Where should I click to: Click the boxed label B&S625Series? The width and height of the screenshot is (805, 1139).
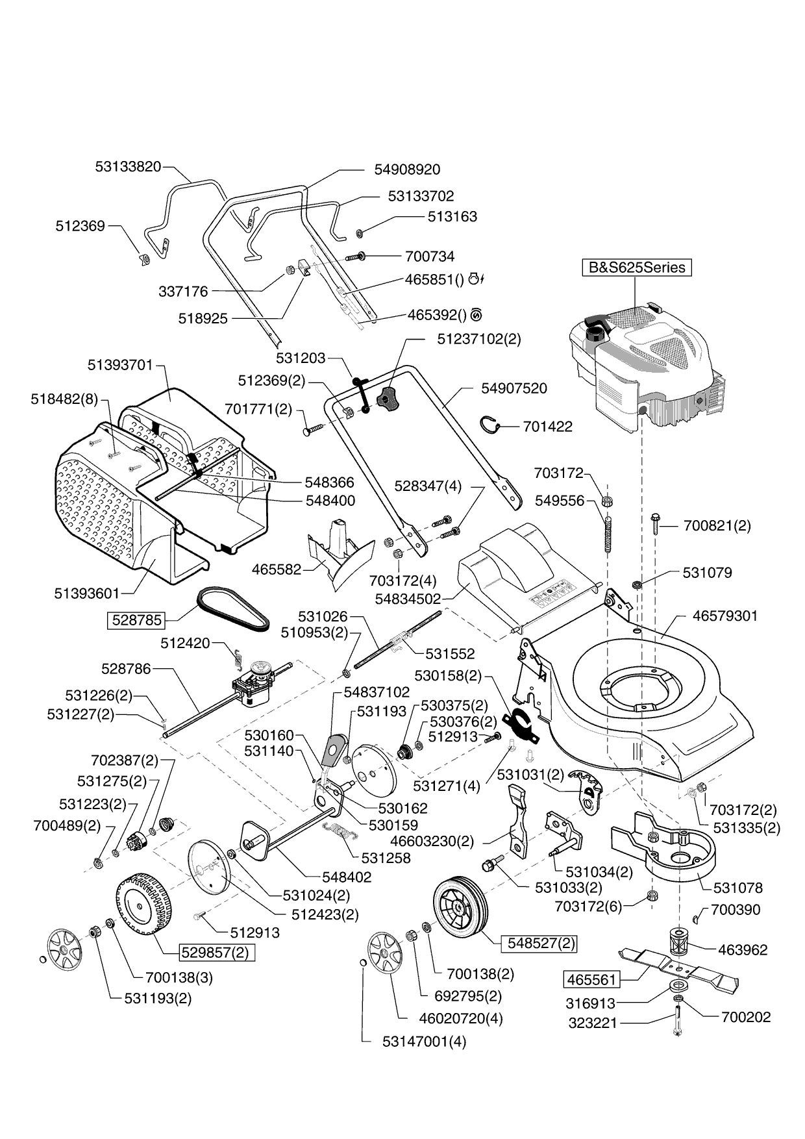pyautogui.click(x=636, y=268)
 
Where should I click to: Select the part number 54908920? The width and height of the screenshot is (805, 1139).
pyautogui.click(x=407, y=169)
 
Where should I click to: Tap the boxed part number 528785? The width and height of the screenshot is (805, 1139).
pyautogui.click(x=137, y=620)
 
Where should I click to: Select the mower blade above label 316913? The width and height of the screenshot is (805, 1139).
pyautogui.click(x=682, y=968)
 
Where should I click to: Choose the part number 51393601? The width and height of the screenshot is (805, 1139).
pyautogui.click(x=87, y=593)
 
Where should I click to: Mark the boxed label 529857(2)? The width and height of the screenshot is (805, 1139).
pyautogui.click(x=217, y=953)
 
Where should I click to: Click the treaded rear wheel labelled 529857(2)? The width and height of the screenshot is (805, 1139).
pyautogui.click(x=145, y=905)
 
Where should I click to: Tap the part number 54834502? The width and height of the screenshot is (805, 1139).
pyautogui.click(x=408, y=598)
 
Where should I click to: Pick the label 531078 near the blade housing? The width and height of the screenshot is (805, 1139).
pyautogui.click(x=737, y=888)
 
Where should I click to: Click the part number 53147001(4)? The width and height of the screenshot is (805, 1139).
pyautogui.click(x=424, y=1042)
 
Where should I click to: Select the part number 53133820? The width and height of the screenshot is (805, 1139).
pyautogui.click(x=128, y=166)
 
